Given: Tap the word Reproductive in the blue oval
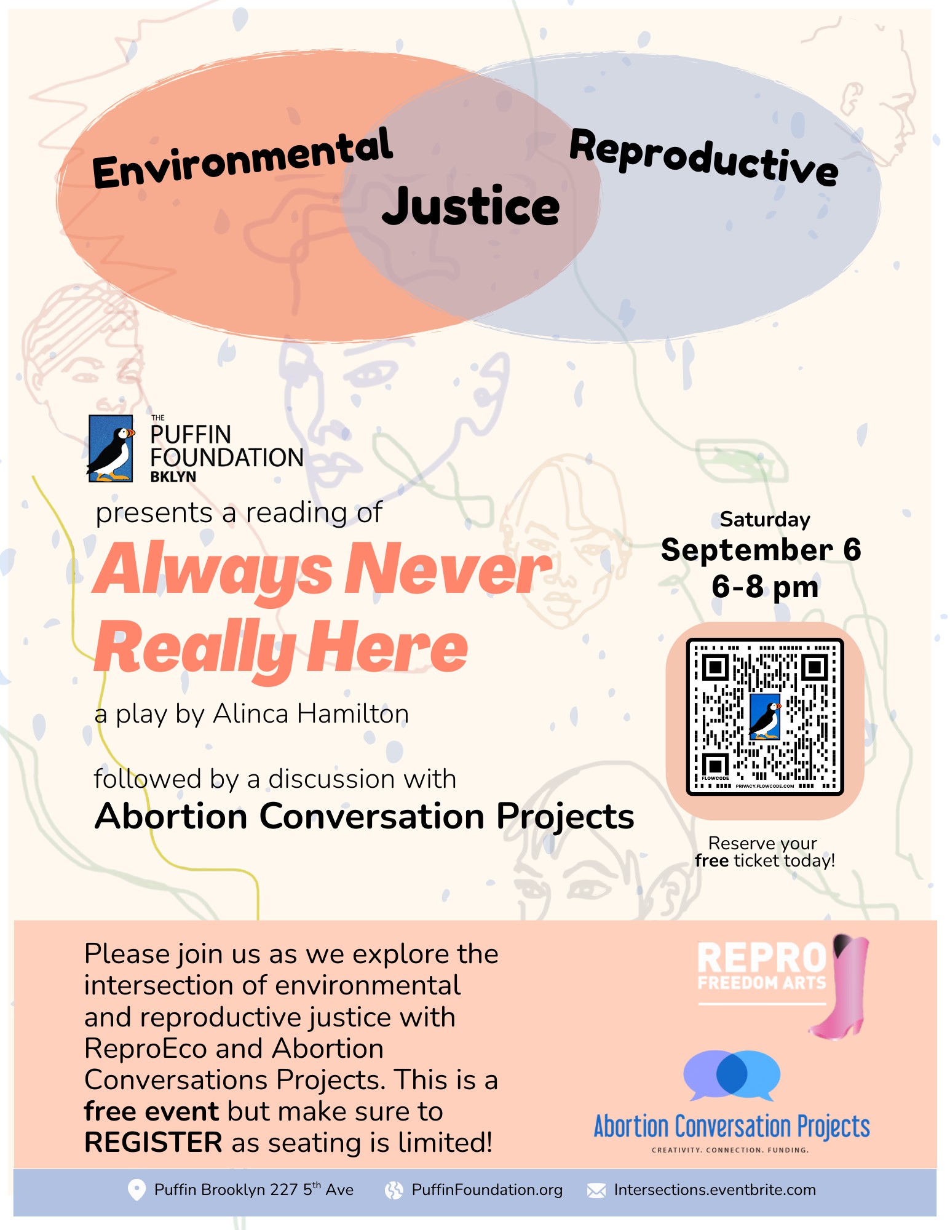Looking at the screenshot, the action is pyautogui.click(x=704, y=157).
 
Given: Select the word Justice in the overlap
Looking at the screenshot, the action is pyautogui.click(x=471, y=206).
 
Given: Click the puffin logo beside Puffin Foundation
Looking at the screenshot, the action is pyautogui.click(x=111, y=448).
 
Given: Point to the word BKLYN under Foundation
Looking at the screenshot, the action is pyautogui.click(x=173, y=477).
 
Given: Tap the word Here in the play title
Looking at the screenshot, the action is pyautogui.click(x=388, y=648).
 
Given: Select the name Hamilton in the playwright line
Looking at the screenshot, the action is pyautogui.click(x=353, y=714).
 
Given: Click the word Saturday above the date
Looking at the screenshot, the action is pyautogui.click(x=765, y=520).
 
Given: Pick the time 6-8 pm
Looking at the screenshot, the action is pyautogui.click(x=765, y=587).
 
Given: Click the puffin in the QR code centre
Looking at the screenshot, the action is pyautogui.click(x=766, y=717).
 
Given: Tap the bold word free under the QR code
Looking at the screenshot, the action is pyautogui.click(x=711, y=860).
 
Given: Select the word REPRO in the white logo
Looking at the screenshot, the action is pyautogui.click(x=762, y=958).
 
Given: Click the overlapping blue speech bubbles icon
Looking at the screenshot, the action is pyautogui.click(x=732, y=1074).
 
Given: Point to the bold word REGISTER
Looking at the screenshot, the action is pyautogui.click(x=153, y=1143).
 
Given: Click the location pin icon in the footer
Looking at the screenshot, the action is pyautogui.click(x=137, y=1190).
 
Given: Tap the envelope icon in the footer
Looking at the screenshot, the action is pyautogui.click(x=596, y=1191).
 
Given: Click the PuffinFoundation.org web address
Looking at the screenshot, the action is pyautogui.click(x=487, y=1190).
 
